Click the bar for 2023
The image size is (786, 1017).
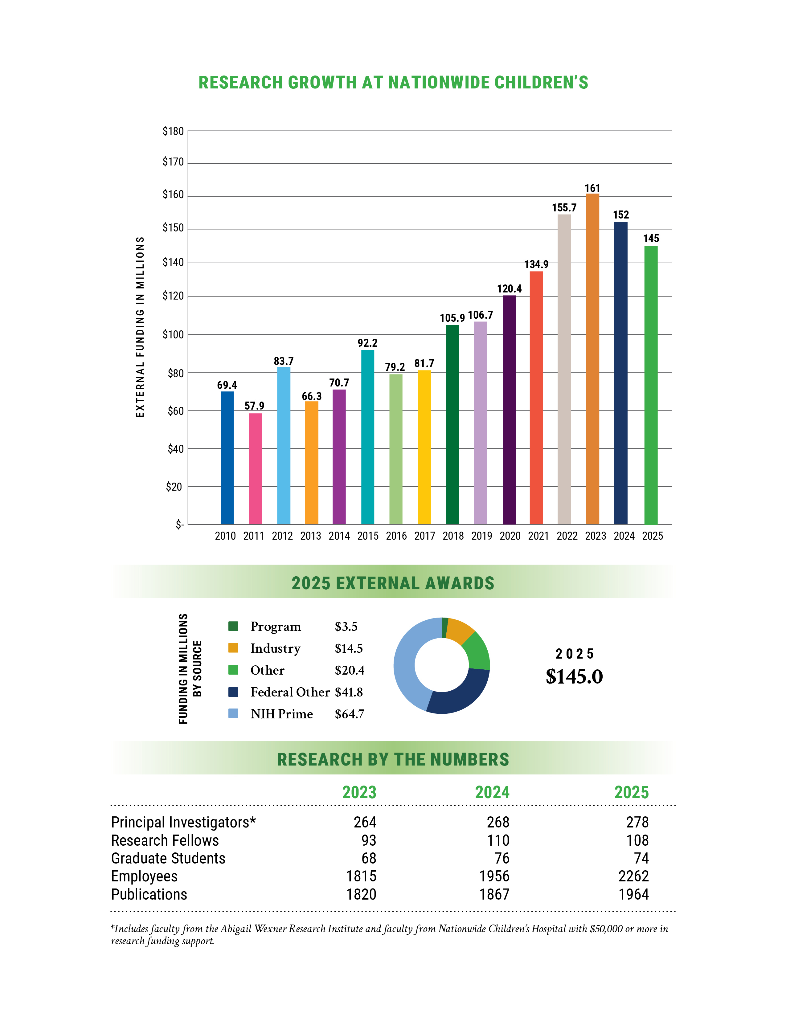tap(592, 358)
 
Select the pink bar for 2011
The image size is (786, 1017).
tap(255, 468)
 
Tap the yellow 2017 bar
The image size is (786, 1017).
tap(424, 447)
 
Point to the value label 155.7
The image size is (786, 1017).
tap(564, 208)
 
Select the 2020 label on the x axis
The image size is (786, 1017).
tap(510, 536)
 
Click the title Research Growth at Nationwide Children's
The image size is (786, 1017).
tap(393, 82)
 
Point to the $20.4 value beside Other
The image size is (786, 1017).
tap(349, 670)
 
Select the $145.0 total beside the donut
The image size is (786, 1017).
tap(574, 676)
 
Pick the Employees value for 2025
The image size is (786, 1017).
tap(633, 876)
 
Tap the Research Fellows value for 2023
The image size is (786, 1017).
tap(368, 840)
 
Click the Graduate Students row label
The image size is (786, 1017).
tap(168, 858)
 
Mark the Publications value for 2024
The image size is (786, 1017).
tap(494, 895)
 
